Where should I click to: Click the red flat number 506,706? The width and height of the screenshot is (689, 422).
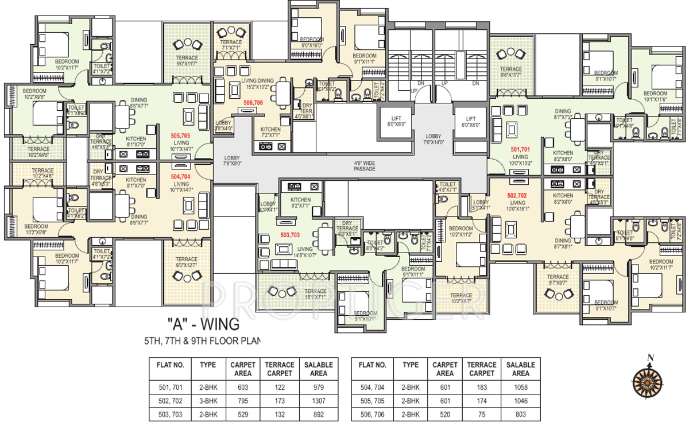[253, 103]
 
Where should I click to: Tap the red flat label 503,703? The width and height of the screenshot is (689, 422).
[291, 235]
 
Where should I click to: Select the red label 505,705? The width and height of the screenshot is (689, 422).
[180, 136]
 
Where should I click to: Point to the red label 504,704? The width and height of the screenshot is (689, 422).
[180, 177]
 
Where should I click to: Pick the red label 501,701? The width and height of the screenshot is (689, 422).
[520, 149]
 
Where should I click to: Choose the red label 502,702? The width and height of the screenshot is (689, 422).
[517, 195]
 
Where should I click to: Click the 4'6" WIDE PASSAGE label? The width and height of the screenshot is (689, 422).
[364, 166]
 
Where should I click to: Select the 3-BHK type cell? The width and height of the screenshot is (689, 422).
[207, 400]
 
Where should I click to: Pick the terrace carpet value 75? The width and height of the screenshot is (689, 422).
[482, 415]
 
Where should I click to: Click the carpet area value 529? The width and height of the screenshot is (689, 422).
[242, 415]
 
